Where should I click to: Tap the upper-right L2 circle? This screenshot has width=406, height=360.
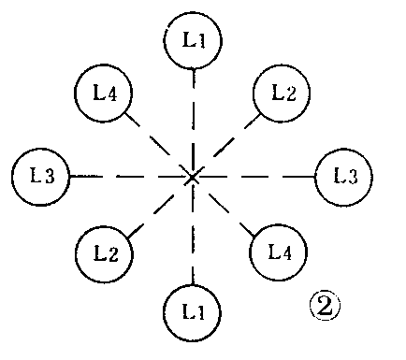283,94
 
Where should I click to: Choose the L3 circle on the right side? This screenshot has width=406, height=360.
343,176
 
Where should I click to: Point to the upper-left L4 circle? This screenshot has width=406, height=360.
102,95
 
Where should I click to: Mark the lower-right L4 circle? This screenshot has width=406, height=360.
281,252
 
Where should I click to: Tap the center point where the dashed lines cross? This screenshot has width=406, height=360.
192,175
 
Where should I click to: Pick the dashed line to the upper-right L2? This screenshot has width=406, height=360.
234,137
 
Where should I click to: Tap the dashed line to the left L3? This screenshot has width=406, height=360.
117,176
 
